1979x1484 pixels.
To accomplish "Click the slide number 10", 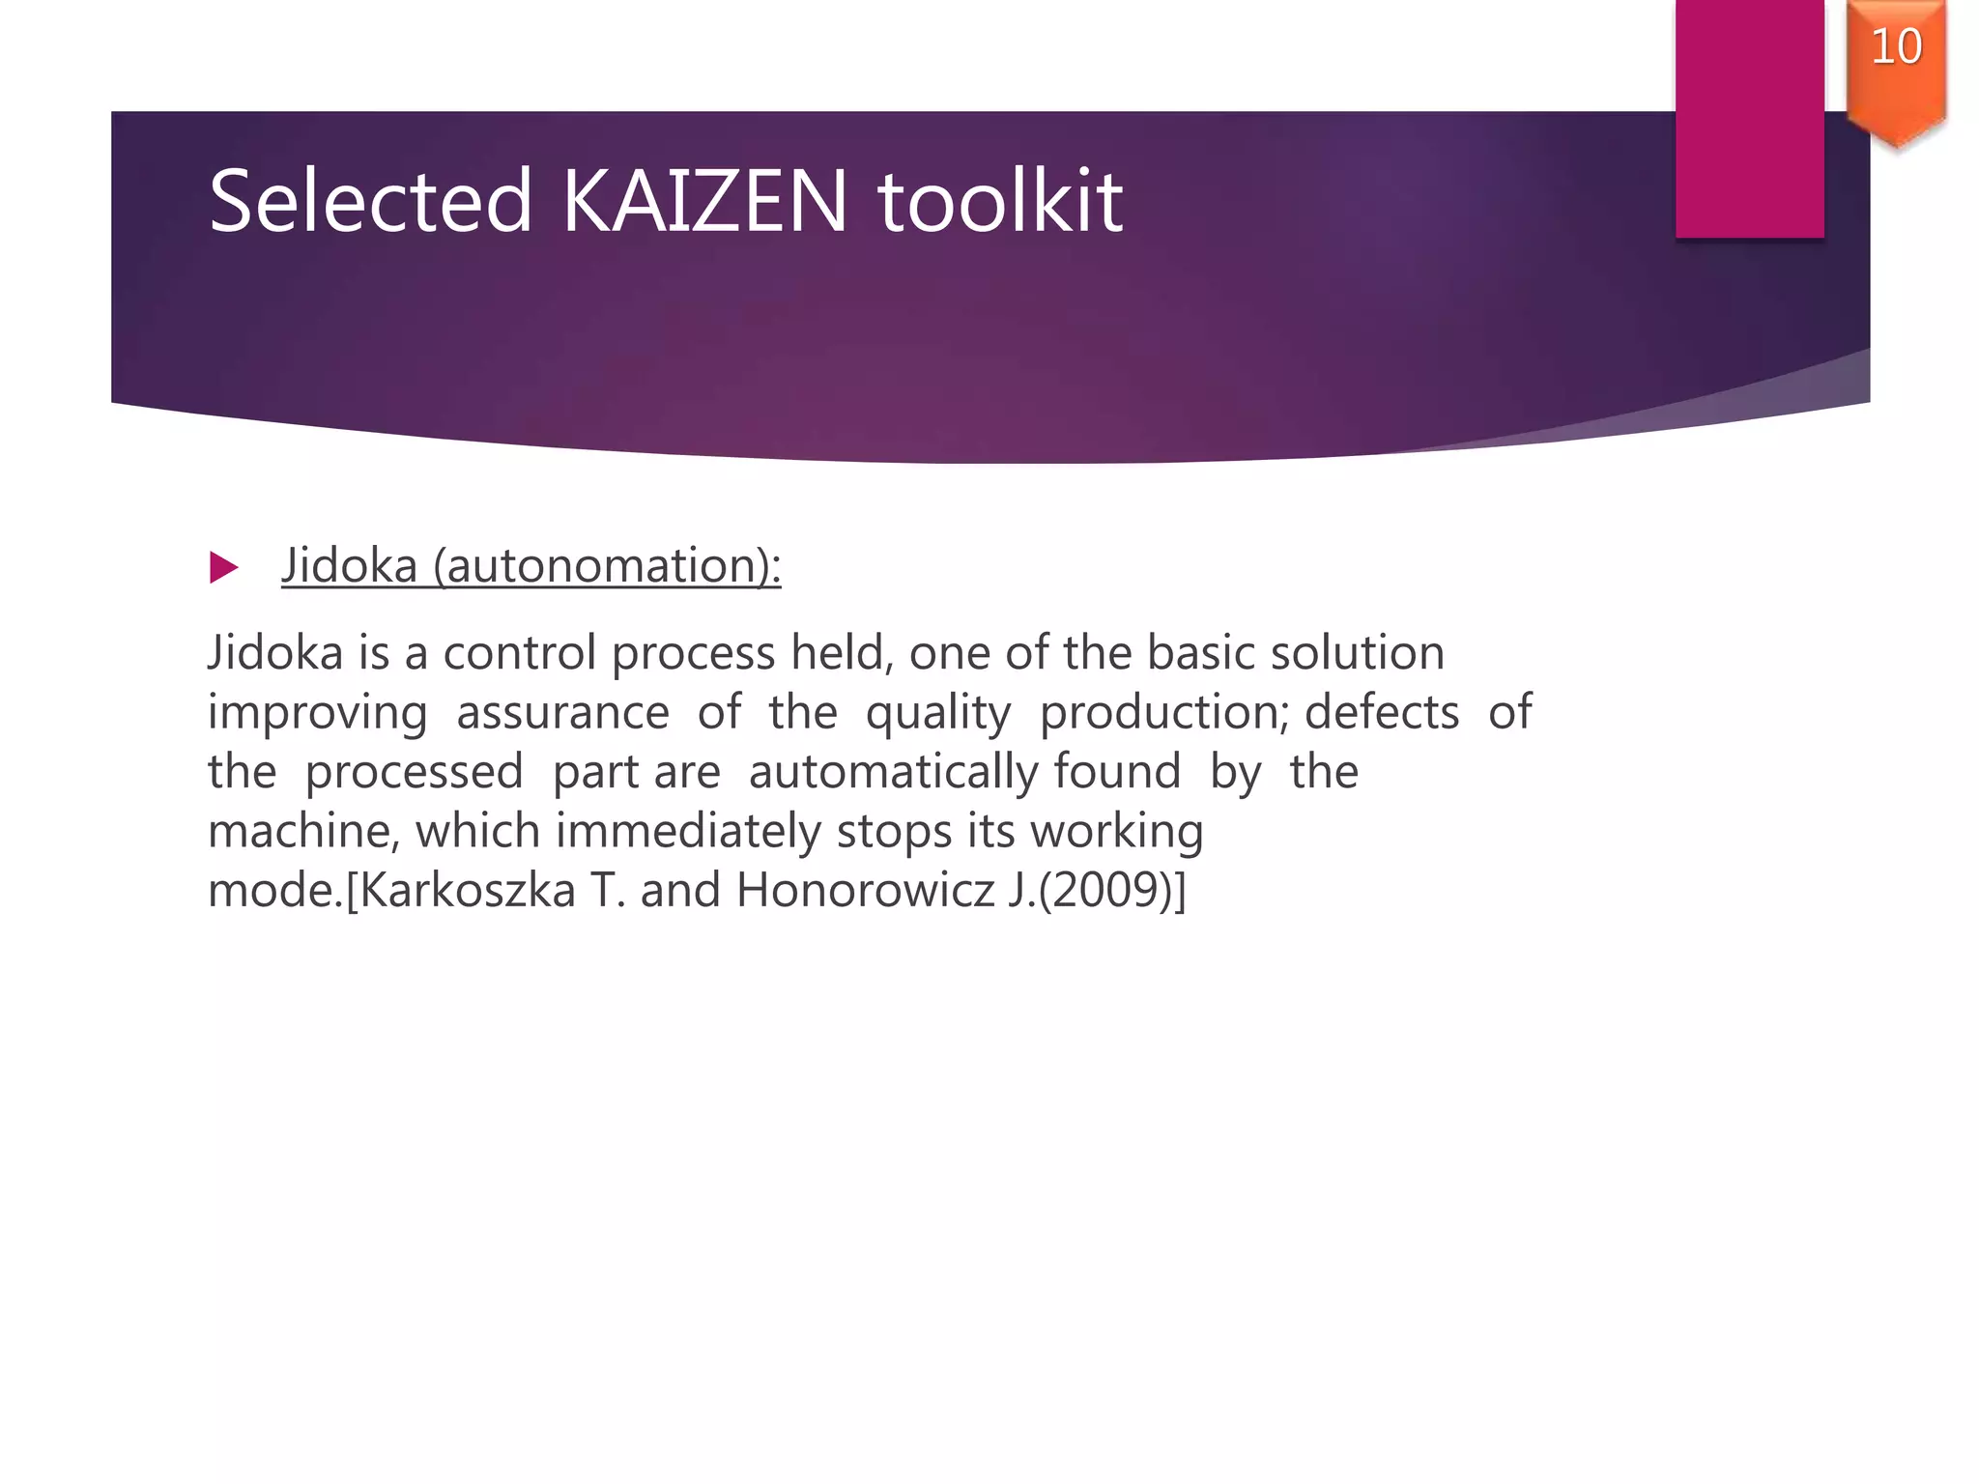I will (1896, 46).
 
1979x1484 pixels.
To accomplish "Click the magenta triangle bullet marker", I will (223, 567).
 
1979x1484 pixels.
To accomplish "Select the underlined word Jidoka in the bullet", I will (349, 565).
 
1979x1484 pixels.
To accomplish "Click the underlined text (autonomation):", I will (607, 565).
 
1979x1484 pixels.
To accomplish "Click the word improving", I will (317, 713).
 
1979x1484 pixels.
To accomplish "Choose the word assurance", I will (562, 713).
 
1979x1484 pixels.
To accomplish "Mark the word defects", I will (1382, 713).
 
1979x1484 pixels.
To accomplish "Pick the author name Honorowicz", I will (865, 890).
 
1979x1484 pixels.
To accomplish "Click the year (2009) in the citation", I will (1104, 890).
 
